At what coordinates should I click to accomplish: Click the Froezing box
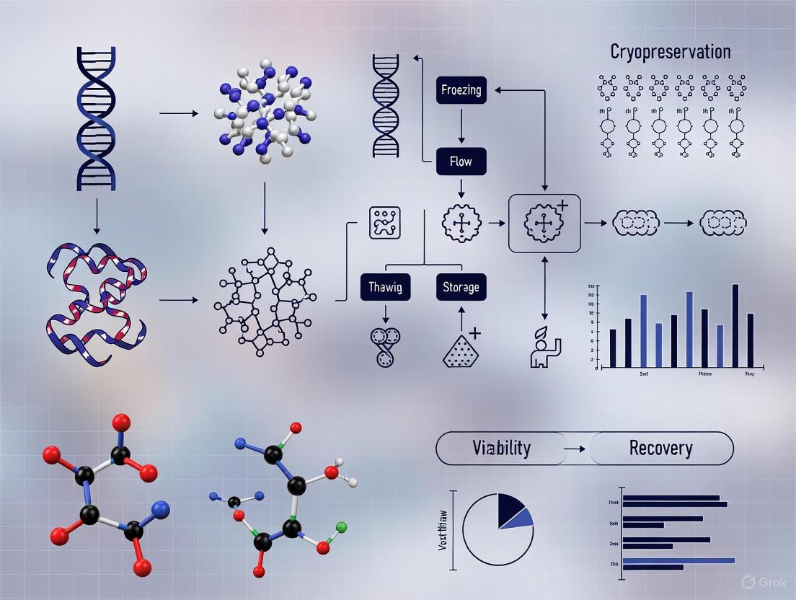(461, 91)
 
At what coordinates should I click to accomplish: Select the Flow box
(461, 162)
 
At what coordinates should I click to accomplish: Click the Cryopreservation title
(671, 52)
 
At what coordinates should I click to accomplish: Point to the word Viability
(501, 448)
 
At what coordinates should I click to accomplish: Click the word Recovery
(660, 448)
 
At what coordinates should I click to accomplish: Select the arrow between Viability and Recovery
(574, 449)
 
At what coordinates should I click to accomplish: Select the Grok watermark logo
(751, 582)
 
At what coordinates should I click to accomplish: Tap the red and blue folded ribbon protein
(95, 303)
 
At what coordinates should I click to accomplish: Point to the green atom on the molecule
(341, 527)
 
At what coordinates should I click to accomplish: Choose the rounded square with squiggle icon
(384, 223)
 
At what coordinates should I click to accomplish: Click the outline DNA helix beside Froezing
(385, 106)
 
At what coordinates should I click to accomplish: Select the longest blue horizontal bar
(678, 560)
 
